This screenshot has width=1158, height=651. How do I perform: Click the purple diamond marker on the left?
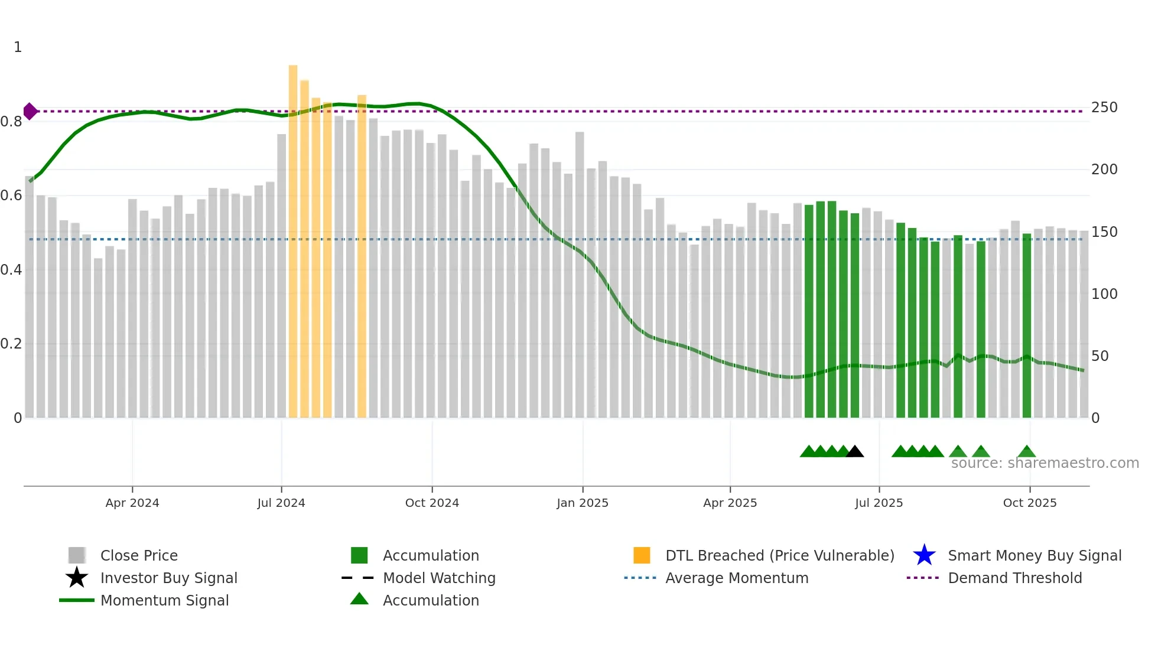tap(30, 111)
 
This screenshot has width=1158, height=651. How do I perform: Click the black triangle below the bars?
tap(854, 452)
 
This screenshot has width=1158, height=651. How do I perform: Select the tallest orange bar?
tap(293, 236)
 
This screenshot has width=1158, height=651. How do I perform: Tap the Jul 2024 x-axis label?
tap(281, 503)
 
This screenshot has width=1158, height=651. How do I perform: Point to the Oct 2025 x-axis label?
tap(1029, 503)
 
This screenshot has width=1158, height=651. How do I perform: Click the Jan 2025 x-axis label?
tap(583, 503)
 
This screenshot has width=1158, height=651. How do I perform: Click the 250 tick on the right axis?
tap(1104, 108)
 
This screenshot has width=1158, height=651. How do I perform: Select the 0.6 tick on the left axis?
tap(11, 196)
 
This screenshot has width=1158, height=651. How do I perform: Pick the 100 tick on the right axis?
tap(1104, 294)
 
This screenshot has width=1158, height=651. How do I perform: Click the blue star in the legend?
tap(924, 555)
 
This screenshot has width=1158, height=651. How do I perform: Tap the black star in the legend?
tap(77, 578)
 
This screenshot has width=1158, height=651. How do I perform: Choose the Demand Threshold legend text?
tap(1014, 578)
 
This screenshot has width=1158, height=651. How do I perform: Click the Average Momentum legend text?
tap(737, 578)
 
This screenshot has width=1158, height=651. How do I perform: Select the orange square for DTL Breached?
tap(642, 555)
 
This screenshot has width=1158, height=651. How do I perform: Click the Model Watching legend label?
tap(439, 578)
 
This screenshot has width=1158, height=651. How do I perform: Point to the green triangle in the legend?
tap(359, 600)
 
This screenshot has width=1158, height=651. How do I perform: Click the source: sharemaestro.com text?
tap(1045, 463)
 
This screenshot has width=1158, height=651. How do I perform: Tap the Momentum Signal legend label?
tap(164, 600)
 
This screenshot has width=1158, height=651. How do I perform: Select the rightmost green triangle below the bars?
tap(1026, 452)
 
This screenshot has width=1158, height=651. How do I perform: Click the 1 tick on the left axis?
tap(18, 47)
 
